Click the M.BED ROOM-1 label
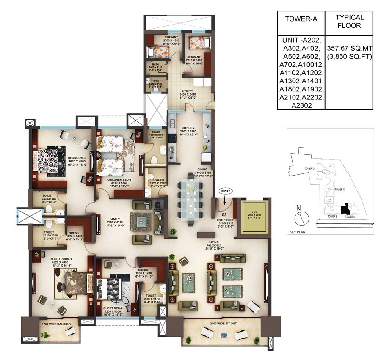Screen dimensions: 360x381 click(47, 259)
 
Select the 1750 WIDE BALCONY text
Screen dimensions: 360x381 click(56, 324)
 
